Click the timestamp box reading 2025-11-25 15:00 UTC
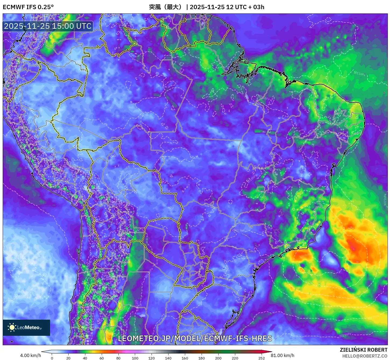click(x=48, y=26)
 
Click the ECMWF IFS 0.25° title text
click(x=28, y=7)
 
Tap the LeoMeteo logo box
click(x=26, y=327)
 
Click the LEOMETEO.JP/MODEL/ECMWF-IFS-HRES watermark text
click(x=195, y=338)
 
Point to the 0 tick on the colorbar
click(x=52, y=358)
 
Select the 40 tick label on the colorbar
click(x=85, y=358)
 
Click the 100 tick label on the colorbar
click(x=135, y=358)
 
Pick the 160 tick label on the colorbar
click(x=185, y=358)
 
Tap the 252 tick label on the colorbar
click(x=261, y=358)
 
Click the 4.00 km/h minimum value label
click(x=30, y=355)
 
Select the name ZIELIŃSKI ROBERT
click(x=363, y=350)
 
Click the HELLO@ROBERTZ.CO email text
click(x=365, y=356)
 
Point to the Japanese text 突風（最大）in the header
click(x=166, y=7)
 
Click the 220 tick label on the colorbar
click(x=235, y=358)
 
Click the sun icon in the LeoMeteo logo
click(x=12, y=327)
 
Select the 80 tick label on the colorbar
click(x=118, y=358)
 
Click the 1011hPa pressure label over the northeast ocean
click(x=359, y=73)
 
